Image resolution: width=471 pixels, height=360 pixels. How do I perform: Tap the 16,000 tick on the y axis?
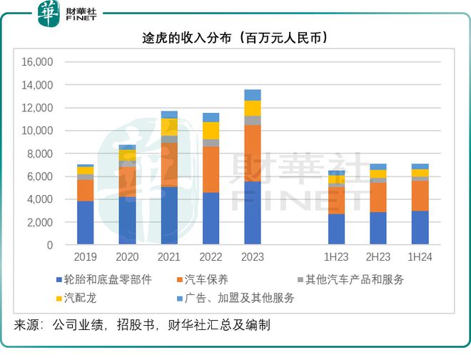coord(39,62)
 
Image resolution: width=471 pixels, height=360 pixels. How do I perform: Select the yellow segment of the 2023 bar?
coord(252,108)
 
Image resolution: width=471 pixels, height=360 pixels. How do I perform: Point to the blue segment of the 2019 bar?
coord(85,223)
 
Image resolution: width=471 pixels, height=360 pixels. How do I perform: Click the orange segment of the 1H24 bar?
coord(420,196)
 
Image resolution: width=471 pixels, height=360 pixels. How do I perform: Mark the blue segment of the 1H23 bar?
coord(336,229)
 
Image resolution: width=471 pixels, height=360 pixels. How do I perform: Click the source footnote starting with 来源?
coord(142,325)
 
